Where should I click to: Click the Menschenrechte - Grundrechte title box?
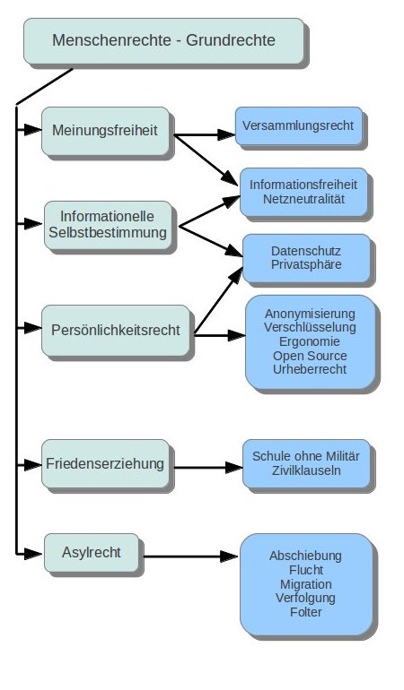164,41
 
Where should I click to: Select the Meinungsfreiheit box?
105,131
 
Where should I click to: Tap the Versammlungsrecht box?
299,125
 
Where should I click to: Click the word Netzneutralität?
303,199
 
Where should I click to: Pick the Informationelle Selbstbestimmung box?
108,225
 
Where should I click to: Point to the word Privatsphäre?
306,264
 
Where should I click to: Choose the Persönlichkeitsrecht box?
116,331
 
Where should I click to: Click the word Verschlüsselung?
310,327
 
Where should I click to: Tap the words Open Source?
310,356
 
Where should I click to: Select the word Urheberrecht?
310,369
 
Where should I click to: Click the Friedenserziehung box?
105,464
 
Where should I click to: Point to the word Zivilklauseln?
306,470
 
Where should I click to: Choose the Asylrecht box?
92,553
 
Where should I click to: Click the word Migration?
305,584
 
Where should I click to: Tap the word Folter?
305,612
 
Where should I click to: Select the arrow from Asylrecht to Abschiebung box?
191,556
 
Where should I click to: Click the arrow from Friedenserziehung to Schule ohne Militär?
208,468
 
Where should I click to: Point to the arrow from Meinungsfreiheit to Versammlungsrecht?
204,134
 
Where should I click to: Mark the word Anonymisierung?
310,314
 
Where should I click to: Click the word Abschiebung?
305,556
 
